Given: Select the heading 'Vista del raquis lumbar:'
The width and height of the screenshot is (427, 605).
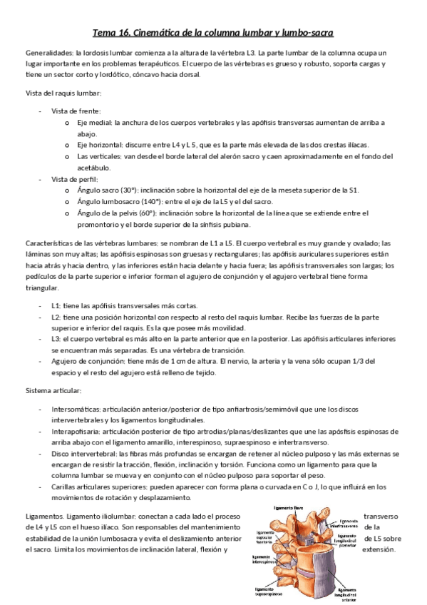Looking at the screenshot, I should (x=63, y=94).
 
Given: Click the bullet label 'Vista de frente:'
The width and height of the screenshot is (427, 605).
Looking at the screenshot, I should (x=76, y=111).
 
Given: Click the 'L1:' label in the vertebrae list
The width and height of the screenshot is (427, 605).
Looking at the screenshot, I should (x=56, y=305).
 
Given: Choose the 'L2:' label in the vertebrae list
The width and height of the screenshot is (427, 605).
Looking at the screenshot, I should (x=56, y=316).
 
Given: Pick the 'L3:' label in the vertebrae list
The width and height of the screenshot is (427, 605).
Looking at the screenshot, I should (x=56, y=339).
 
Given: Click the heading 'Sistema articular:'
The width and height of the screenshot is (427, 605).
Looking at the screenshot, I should (x=53, y=391).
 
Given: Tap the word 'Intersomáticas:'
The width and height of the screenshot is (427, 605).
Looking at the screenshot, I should (x=76, y=410).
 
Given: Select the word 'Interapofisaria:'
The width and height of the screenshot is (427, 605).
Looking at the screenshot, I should (x=76, y=432).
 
